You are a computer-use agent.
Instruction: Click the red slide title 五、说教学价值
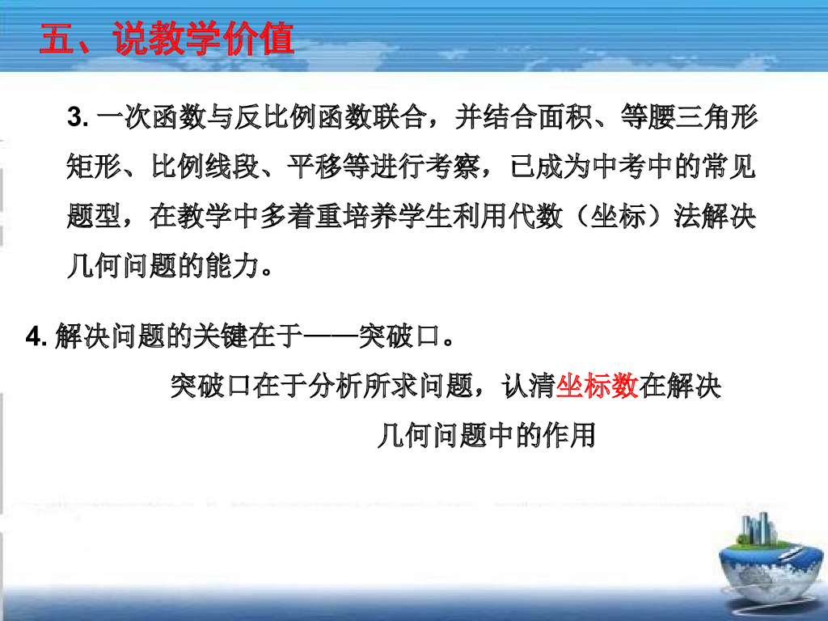coord(166,39)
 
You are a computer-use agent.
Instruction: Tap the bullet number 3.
coord(77,119)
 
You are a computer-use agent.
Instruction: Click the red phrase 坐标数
coord(598,387)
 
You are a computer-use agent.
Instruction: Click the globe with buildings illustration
coord(768,558)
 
